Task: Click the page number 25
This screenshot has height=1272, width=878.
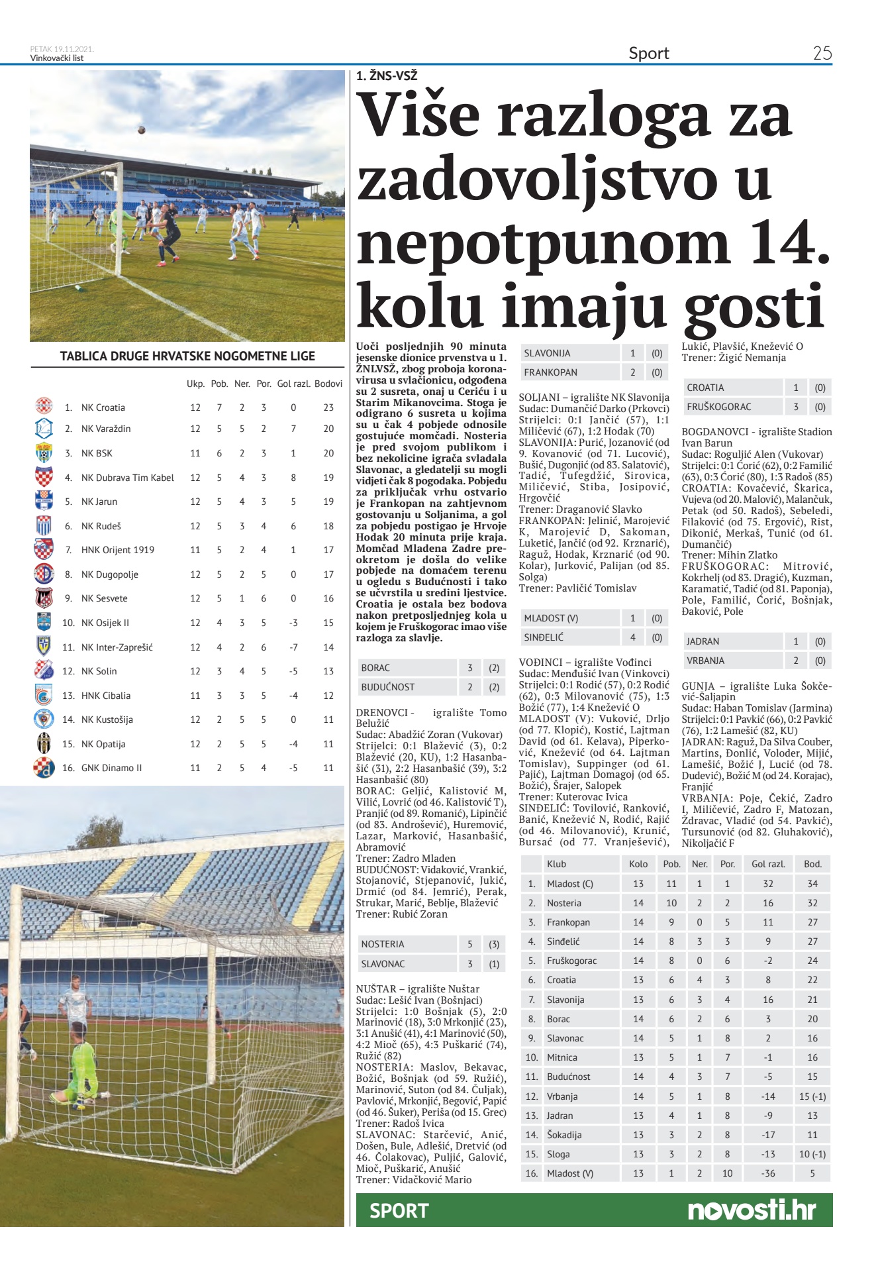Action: [x=822, y=53]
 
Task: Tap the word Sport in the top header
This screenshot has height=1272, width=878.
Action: [x=648, y=53]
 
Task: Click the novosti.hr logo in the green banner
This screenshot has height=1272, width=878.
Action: [x=752, y=1210]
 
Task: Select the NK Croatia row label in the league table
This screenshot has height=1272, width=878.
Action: [x=103, y=407]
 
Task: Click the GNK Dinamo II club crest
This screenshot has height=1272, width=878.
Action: [x=44, y=768]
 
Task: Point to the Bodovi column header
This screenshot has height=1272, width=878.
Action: [x=328, y=384]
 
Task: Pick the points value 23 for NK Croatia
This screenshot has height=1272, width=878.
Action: [x=328, y=407]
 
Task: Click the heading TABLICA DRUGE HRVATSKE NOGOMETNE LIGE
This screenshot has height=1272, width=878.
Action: [x=187, y=356]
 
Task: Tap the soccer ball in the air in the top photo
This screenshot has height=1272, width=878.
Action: [x=142, y=130]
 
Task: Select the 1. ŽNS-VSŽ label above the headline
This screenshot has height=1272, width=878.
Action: [x=387, y=76]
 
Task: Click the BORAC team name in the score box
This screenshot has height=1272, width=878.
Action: [x=375, y=668]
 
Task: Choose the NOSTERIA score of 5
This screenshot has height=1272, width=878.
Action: [x=469, y=944]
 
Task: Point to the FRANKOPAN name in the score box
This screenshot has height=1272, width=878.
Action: [x=550, y=372]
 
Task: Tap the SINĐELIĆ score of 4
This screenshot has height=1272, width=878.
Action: [x=632, y=637]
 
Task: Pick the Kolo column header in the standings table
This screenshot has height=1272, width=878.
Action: [x=638, y=864]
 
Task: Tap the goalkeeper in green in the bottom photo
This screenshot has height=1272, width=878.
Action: [x=83, y=1067]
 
